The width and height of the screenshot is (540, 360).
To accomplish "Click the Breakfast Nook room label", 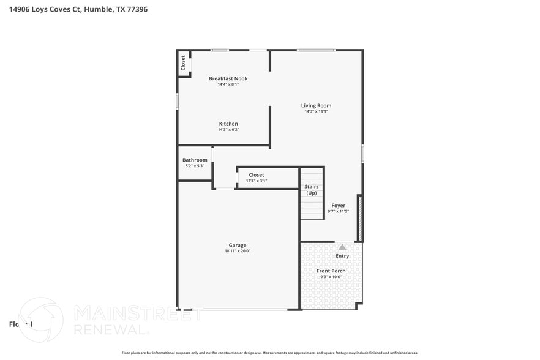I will click(228, 78).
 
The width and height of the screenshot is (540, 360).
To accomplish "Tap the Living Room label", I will click(316, 105).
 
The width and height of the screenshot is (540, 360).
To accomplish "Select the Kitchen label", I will click(228, 124).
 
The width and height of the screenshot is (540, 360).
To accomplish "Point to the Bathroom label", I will click(195, 160).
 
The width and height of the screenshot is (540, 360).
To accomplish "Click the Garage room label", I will click(238, 245).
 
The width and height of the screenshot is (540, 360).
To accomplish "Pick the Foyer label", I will click(338, 206).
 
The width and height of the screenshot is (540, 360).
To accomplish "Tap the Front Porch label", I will click(331, 271).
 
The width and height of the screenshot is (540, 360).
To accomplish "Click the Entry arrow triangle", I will click(342, 247).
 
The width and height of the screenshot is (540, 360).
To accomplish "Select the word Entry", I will click(342, 256).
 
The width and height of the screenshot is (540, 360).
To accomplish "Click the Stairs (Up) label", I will click(311, 190).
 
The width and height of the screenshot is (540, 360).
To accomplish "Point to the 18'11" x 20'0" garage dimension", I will click(238, 251).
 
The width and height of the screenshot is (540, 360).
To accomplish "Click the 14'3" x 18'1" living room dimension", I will click(316, 111).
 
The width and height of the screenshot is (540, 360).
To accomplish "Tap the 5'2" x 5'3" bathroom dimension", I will click(195, 166).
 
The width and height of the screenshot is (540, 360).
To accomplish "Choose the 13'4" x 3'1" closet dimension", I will click(257, 181).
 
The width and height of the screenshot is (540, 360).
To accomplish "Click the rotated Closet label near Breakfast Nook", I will click(183, 63).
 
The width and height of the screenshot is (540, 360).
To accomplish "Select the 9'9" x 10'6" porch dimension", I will click(331, 277).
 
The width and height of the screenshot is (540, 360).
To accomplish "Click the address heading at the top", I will click(78, 9).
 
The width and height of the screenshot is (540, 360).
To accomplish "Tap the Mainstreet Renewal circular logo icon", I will click(41, 320).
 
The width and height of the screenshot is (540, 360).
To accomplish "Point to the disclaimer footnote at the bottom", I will click(269, 353).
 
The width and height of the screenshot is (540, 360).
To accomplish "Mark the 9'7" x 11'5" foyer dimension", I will click(338, 211).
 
